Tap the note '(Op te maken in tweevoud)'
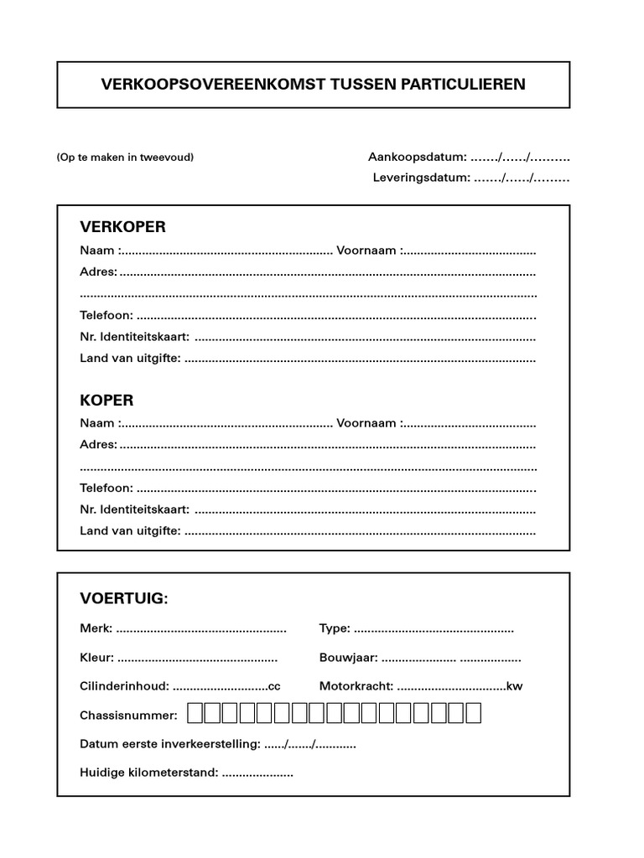click(125, 157)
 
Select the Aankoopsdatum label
click(417, 157)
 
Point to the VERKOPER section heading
click(122, 227)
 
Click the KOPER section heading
click(106, 401)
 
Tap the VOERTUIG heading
click(124, 598)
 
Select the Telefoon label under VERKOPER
click(106, 316)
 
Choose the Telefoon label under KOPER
click(106, 488)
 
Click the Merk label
click(96, 628)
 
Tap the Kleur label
click(97, 658)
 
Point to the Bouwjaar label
click(348, 658)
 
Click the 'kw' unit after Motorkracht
click(515, 686)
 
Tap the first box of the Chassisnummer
click(195, 714)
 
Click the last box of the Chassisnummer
click(473, 714)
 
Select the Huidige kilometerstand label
click(149, 773)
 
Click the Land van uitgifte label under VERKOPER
click(130, 359)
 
